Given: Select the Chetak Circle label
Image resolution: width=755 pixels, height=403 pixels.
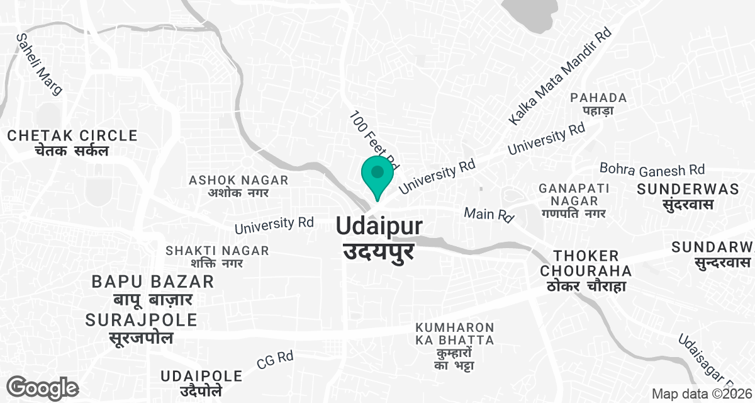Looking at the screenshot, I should pos(72,143).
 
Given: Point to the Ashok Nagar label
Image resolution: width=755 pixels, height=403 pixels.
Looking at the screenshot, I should pos(238,186).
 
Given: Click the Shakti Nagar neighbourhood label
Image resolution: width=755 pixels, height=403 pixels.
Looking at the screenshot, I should pos(217,256).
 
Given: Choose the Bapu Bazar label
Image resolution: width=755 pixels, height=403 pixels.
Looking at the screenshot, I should pos(153,289).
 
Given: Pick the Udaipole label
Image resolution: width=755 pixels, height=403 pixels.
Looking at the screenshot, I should pos(201,383).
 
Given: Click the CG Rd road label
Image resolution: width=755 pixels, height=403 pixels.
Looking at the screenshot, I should pos(275,360).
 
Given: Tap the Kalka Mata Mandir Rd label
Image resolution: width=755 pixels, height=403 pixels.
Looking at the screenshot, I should pos(559,76).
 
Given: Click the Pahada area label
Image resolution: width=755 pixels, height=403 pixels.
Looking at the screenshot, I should pos(598,104).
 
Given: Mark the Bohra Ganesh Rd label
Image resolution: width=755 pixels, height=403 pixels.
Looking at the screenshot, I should pos(652,169).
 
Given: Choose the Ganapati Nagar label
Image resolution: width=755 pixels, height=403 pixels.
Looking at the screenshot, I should pos(572,200).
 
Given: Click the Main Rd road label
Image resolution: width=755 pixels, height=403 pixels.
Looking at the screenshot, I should pos(489,214).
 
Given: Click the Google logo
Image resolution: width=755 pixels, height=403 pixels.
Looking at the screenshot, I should pos(43,387).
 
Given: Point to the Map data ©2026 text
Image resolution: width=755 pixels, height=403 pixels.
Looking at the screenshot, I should pos(702,394).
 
